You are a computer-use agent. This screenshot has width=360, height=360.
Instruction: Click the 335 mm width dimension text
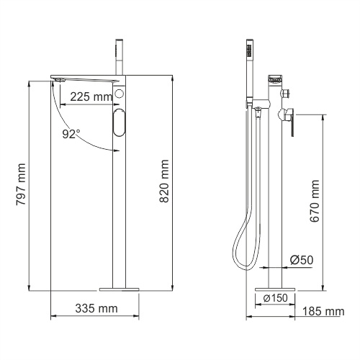pyautogui.click(x=96, y=309)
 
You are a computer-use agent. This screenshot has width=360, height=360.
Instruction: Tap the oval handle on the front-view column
pyautogui.click(x=119, y=123)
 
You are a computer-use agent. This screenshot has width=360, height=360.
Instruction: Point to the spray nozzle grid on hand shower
pyautogui.click(x=249, y=50)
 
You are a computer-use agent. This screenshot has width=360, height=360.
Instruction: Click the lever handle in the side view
pyautogui.click(x=293, y=123)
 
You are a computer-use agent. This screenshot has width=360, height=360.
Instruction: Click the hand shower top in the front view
pyautogui.click(x=117, y=44)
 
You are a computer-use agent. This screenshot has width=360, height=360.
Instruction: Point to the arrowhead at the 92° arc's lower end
pyautogui.click(x=115, y=150)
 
